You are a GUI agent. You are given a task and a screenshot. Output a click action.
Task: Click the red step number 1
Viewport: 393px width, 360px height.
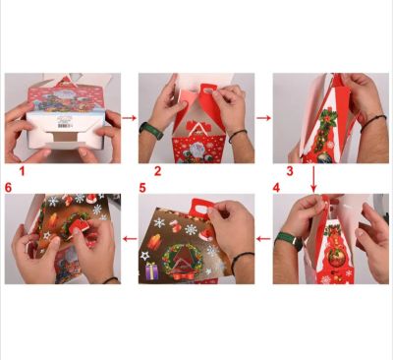[23, 171]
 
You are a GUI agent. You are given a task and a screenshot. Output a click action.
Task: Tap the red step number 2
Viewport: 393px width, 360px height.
[158, 171]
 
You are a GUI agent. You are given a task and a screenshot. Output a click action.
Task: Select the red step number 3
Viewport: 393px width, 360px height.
[290, 171]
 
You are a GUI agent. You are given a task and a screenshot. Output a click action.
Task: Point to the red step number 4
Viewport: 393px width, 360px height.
[276, 188]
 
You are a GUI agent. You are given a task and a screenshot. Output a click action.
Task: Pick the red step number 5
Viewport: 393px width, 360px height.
[142, 188]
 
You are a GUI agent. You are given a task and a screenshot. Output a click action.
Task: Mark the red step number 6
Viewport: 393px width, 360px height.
[9, 188]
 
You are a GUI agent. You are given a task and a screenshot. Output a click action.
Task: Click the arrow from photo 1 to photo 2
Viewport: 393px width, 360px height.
[130, 118]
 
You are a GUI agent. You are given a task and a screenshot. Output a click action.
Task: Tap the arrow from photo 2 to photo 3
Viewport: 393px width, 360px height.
[263, 118]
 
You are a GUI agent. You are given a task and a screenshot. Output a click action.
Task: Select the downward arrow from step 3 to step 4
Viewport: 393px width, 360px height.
[313, 179]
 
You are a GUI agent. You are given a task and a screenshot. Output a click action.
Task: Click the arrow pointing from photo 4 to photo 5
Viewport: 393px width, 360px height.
[263, 239]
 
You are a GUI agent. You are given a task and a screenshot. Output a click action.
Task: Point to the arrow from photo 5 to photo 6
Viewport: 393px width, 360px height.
[130, 239]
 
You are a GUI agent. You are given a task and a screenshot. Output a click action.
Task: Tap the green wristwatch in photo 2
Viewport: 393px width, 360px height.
[151, 130]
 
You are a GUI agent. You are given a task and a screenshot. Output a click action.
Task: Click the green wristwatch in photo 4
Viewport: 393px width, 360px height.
[288, 240]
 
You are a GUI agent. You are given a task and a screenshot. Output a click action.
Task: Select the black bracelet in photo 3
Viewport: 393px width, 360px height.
[372, 122]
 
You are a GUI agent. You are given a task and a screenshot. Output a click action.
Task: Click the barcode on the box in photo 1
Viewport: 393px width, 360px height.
[64, 126]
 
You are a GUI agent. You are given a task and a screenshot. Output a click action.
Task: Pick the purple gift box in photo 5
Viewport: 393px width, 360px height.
[151, 271]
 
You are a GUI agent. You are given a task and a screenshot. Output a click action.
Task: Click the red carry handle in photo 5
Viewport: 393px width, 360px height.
[202, 208]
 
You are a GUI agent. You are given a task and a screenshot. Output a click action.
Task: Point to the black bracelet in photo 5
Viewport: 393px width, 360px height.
[242, 262]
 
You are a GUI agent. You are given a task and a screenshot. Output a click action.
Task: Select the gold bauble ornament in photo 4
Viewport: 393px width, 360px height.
[335, 259]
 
